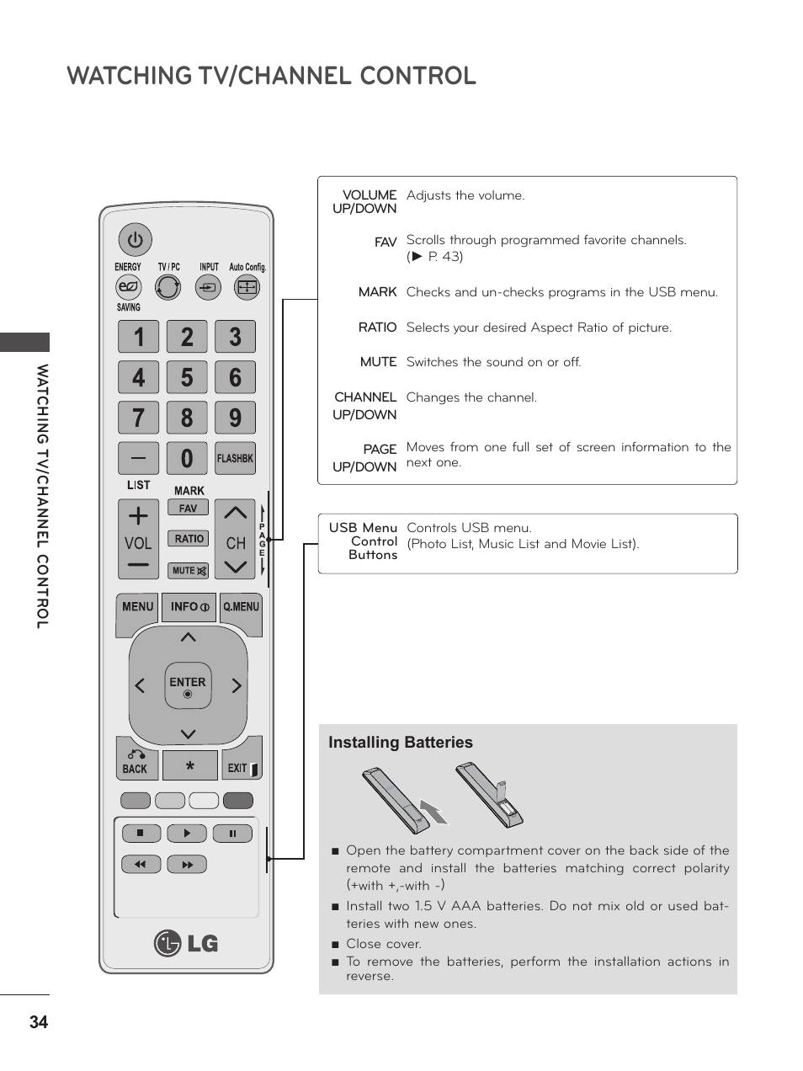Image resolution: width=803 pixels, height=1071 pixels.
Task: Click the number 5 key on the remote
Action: (187, 377)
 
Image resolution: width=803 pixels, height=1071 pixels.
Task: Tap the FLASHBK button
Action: (235, 458)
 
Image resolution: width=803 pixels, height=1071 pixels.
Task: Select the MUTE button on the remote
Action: (189, 571)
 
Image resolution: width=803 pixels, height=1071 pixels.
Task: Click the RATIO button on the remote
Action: (189, 539)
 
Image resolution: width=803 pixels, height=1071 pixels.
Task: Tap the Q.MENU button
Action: (241, 607)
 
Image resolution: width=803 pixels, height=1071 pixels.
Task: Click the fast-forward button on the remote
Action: (187, 865)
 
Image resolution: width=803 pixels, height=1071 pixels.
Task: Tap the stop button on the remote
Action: (141, 834)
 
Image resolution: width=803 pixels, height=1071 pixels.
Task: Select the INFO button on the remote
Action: (189, 607)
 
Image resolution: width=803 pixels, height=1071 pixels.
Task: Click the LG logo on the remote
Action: (186, 943)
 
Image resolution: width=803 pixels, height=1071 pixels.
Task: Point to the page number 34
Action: (38, 1023)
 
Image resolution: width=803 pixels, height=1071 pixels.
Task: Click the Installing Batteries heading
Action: (401, 743)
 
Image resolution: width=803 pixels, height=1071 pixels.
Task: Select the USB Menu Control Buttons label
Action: (363, 541)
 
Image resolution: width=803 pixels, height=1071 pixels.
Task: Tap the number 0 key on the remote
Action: (187, 458)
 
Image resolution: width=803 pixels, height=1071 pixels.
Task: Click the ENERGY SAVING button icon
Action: (128, 287)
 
